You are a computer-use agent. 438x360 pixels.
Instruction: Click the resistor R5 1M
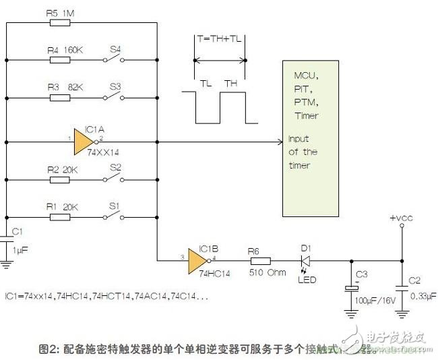[60, 22]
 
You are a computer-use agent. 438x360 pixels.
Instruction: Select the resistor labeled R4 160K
[60, 60]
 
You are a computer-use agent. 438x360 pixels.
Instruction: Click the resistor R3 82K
[60, 98]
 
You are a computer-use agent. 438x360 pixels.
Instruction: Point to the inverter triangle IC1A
[83, 142]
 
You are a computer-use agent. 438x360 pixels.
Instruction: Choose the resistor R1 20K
[60, 217]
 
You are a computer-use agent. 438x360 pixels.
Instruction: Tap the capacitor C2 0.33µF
[402, 287]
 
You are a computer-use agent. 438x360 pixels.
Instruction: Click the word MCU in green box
[305, 75]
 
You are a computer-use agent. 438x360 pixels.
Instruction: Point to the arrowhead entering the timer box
[278, 142]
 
